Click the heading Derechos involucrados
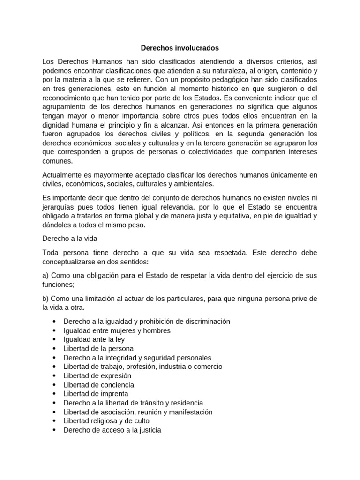(x=180, y=48)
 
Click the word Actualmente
(x=62, y=175)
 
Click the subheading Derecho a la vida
(x=69, y=239)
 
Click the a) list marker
(x=45, y=275)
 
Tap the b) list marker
(x=45, y=299)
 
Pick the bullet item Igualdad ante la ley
(x=94, y=339)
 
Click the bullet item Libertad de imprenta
(x=96, y=394)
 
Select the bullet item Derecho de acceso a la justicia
(x=112, y=430)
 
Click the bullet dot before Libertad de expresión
(x=54, y=376)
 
